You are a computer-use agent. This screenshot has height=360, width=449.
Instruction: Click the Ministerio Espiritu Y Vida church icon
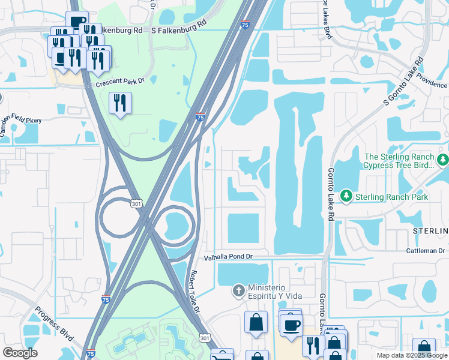239,290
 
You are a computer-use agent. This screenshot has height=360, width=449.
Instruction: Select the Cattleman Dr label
426,250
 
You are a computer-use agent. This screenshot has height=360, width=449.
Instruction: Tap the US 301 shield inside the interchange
136,205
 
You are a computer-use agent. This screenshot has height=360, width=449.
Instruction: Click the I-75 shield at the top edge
244,25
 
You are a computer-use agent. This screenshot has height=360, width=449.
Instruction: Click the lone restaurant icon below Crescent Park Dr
120,103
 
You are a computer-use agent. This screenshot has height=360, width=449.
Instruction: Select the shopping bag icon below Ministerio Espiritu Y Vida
256,322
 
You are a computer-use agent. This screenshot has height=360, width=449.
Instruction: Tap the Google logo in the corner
20,353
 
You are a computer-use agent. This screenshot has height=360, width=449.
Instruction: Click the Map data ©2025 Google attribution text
411,355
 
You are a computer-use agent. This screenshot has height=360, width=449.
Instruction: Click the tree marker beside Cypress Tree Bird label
443,160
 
